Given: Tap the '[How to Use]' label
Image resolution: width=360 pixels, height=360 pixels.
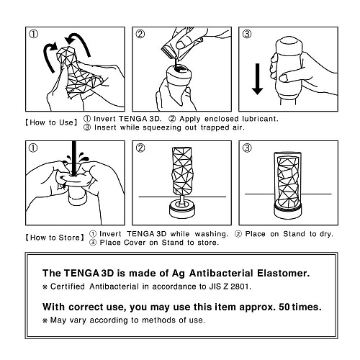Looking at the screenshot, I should coord(51,122).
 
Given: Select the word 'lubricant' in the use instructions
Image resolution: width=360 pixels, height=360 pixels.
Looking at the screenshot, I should coord(254,117).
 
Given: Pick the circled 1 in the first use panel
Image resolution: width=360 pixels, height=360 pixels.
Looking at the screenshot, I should coord(33,34).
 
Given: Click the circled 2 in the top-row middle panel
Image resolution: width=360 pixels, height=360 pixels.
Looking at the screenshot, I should coord(141,34).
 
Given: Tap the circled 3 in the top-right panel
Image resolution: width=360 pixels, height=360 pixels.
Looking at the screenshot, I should coord(246,34).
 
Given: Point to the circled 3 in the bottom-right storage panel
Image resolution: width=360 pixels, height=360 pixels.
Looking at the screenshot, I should coord(247,148).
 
